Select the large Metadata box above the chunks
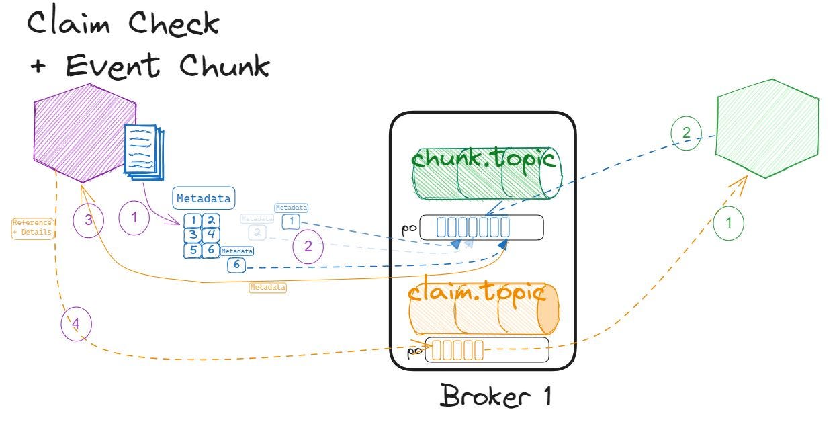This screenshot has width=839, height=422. (204, 198)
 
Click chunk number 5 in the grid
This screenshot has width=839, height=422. (193, 249)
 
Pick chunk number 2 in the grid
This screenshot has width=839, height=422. (210, 220)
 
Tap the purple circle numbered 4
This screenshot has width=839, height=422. (75, 325)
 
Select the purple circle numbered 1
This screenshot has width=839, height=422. (134, 219)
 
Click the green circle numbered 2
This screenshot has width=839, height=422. (686, 132)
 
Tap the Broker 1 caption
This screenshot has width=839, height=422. (496, 395)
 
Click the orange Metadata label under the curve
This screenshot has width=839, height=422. (267, 287)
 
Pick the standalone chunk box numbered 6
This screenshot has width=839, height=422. (236, 265)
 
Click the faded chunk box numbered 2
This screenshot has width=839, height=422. (256, 233)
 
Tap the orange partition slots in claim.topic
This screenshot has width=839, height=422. (457, 349)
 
